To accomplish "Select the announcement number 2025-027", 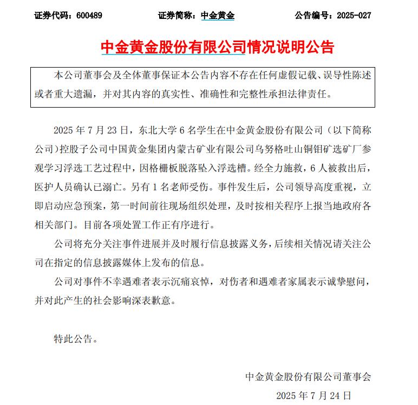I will coord(354,16).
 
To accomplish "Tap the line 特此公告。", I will coord(76,339).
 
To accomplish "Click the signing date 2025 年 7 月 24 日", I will coord(313,396).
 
